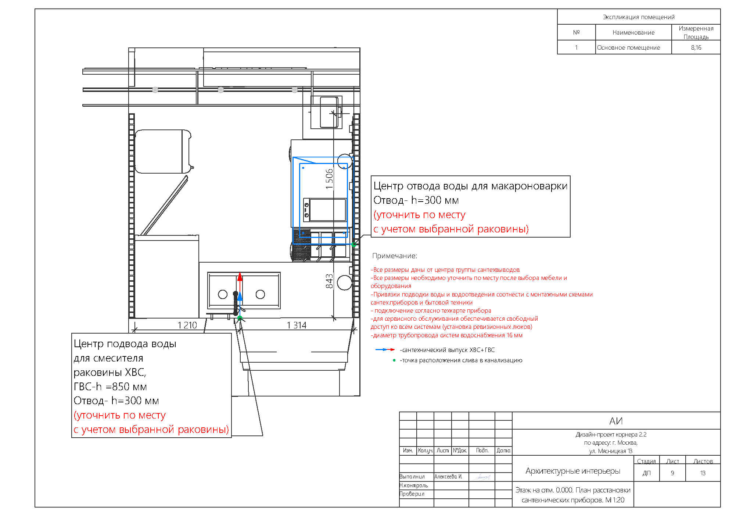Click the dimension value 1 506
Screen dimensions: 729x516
329,179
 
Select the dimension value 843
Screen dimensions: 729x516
329,281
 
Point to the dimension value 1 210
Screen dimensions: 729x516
187,325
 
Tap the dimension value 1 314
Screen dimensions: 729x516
297,325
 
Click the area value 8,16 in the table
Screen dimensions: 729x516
696,47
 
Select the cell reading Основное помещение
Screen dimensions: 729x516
628,47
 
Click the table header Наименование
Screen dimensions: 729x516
633,32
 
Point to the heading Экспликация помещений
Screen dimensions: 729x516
639,17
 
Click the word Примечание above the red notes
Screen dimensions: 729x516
395,256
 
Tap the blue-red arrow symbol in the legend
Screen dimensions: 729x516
385,349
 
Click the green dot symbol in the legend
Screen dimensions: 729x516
394,360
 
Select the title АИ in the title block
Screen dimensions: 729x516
616,421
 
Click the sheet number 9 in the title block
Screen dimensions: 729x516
672,473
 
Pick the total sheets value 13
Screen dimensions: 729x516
703,473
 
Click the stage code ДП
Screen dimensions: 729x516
647,473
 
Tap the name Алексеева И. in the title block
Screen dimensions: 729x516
448,476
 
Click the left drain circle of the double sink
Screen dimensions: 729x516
223,294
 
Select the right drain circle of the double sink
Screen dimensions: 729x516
260,294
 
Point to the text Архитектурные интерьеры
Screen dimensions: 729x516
573,471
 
